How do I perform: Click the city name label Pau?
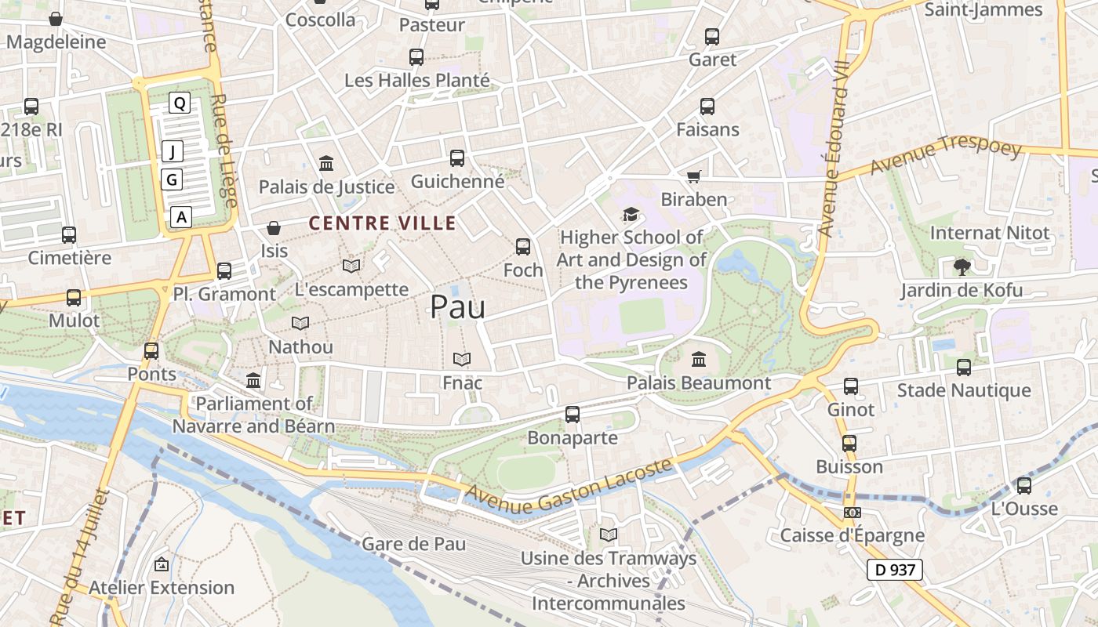457,306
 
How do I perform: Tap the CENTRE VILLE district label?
382,223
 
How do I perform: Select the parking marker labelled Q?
180,103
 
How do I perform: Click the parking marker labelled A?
182,216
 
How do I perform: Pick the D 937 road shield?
894,570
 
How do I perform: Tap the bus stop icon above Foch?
523,247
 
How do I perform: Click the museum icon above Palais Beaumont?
699,360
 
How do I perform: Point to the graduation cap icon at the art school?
631,214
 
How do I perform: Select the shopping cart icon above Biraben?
693,177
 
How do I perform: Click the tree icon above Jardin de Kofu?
962,267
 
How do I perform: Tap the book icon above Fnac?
462,360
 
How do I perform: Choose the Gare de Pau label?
413,544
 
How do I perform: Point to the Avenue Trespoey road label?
945,157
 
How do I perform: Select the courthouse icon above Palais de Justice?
326,164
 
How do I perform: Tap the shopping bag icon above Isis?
274,228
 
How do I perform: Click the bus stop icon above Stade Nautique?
964,367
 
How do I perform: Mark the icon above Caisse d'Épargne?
852,513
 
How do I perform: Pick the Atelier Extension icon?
162,564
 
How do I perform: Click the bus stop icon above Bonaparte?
573,414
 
